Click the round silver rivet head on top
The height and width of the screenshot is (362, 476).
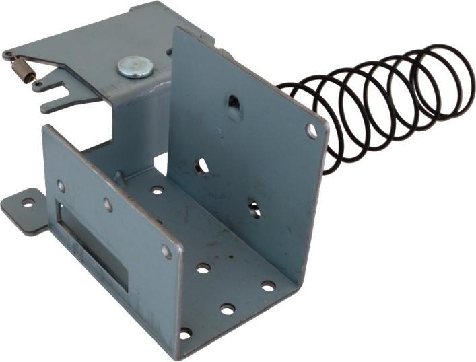point(134,67)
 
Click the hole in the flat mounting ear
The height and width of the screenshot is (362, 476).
point(28,202)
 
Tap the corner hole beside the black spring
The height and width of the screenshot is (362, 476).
point(311,131)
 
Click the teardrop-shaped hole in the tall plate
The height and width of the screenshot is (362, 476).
point(234,103)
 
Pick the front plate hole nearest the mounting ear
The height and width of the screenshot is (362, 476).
point(61,185)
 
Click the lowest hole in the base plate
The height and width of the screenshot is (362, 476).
point(185,334)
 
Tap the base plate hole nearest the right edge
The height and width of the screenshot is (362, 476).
point(268,286)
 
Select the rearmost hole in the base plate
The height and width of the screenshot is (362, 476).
point(158,190)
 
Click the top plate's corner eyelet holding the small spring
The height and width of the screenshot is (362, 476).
point(7,55)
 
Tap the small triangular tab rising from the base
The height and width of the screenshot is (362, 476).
point(119,177)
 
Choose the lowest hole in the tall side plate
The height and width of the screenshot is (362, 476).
point(254,209)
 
